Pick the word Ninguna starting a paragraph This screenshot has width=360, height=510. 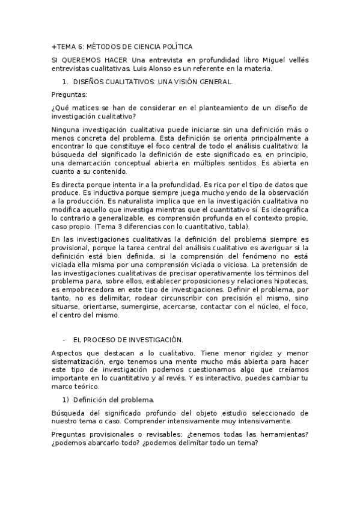point(67,130)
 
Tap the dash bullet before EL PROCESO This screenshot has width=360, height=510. point(63,340)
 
